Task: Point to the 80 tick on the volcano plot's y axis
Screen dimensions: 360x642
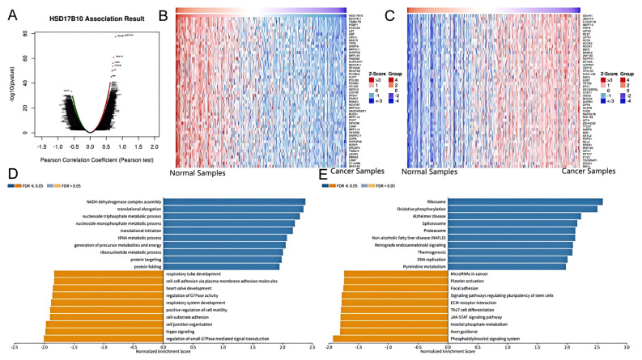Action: [x=27, y=35]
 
